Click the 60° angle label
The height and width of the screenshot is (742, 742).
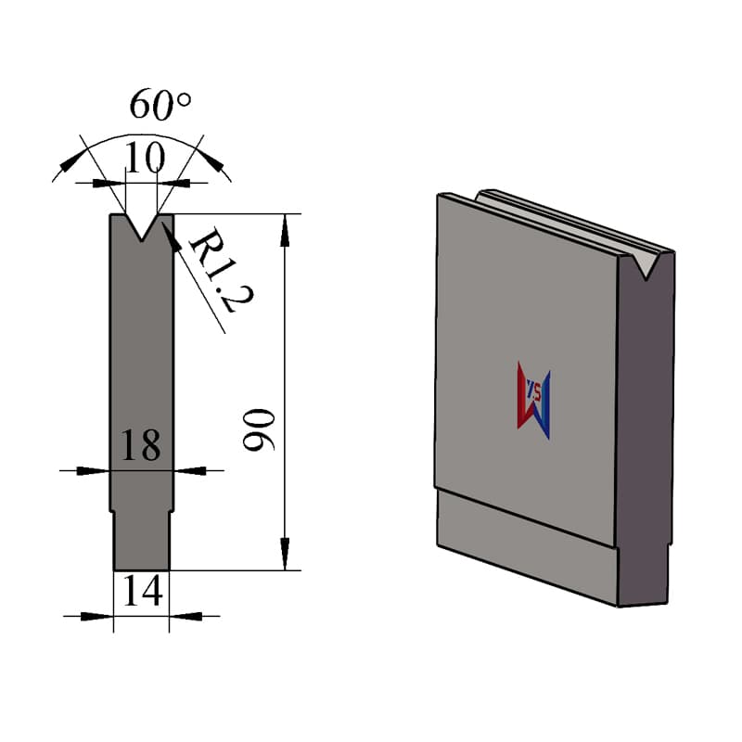(160, 104)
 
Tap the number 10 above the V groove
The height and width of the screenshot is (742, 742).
(146, 158)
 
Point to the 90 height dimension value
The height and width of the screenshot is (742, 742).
(259, 429)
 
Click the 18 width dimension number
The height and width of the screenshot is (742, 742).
(141, 445)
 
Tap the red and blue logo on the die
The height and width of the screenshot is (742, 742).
(534, 401)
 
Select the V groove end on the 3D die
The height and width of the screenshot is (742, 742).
(645, 265)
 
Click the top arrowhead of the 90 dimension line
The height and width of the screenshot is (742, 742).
(285, 230)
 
